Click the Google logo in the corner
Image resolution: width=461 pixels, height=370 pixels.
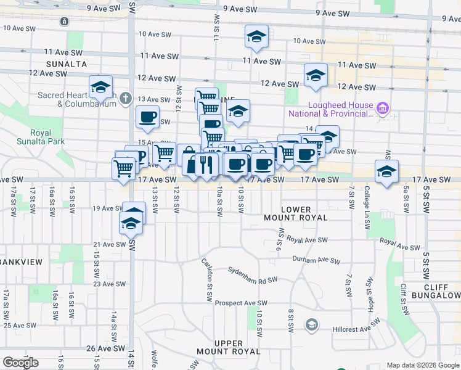(20, 363)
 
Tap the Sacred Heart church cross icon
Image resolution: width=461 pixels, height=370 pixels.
(126, 98)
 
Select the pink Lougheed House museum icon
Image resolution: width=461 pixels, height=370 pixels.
(383, 109)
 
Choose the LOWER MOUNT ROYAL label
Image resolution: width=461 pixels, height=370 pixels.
(296, 213)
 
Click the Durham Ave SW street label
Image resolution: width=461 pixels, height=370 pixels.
(316, 260)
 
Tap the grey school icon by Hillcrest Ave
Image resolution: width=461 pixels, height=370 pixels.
(312, 324)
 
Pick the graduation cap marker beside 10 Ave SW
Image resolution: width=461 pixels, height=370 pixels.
(256, 37)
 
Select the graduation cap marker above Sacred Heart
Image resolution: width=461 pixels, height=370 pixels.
(100, 87)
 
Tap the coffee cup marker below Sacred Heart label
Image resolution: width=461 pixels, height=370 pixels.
(147, 117)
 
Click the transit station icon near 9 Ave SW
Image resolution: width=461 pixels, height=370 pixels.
(65, 21)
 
